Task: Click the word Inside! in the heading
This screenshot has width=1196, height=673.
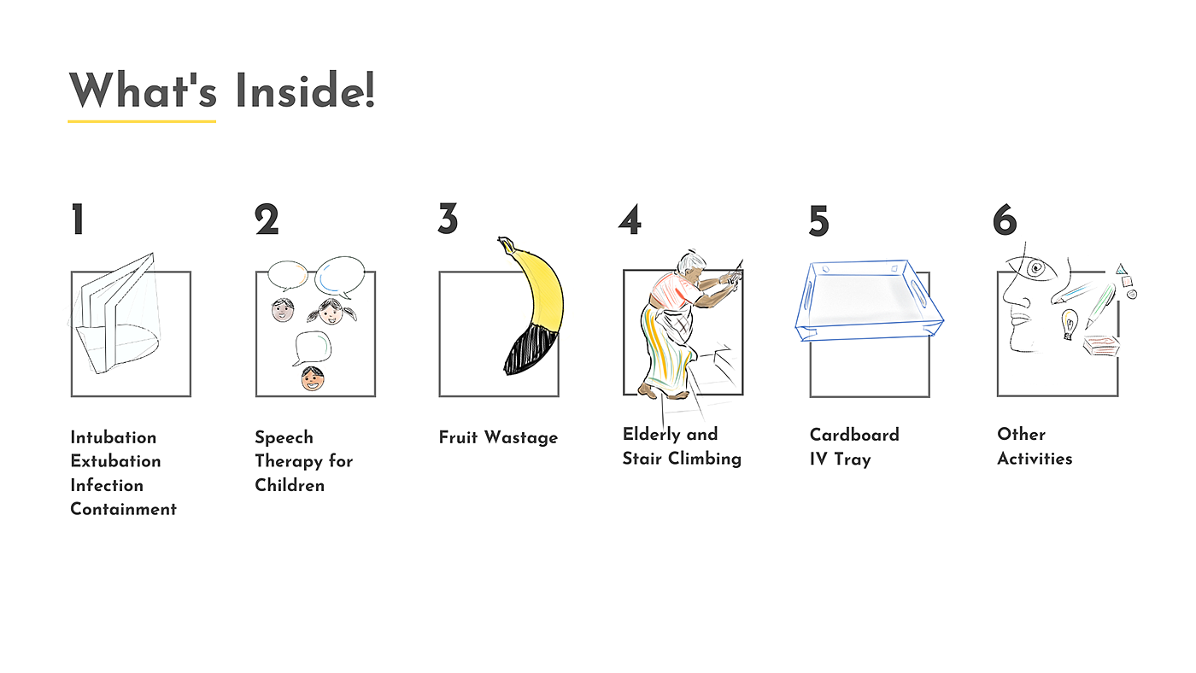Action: [306, 91]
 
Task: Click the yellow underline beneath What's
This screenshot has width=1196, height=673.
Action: [142, 121]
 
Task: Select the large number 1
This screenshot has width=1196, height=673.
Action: [78, 219]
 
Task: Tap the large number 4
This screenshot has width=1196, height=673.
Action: [630, 219]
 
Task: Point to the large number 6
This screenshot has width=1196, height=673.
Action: [1005, 219]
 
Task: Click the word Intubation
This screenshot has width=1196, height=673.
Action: [113, 437]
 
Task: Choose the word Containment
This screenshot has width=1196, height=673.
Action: [123, 509]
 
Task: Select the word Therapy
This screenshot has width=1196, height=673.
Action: [287, 462]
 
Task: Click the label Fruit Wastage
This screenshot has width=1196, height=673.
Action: [498, 437]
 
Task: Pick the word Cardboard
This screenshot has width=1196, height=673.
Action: [854, 435]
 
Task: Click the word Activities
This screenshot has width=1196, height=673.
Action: [1035, 459]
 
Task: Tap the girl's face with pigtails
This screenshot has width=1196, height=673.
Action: [331, 313]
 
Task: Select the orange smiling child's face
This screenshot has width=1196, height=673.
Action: [313, 378]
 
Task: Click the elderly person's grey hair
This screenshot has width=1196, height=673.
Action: [689, 262]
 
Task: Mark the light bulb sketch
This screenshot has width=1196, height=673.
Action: [1069, 324]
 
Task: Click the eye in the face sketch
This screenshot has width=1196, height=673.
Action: [1036, 267]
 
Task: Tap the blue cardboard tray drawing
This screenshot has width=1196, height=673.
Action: [870, 301]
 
